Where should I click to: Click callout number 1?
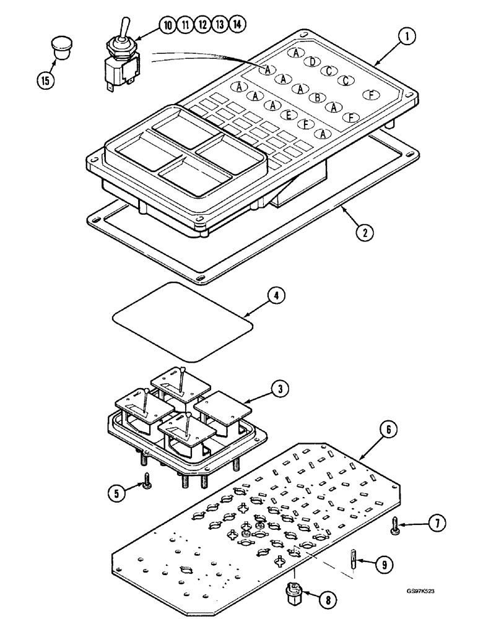coord(406,38)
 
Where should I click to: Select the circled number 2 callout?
coord(366,233)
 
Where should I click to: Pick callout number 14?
coord(237,25)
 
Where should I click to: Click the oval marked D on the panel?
coord(313,61)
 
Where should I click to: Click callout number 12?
coord(202,25)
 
